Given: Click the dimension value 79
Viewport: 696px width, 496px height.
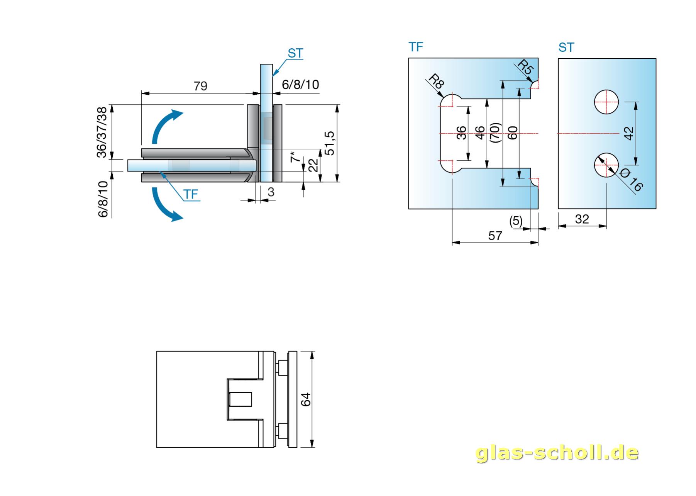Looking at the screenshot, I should [200, 86].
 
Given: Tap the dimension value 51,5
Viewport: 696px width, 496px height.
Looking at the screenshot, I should [330, 143].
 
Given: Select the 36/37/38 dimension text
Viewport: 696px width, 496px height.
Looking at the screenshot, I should [102, 132].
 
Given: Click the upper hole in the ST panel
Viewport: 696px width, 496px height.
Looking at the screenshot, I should [606, 102].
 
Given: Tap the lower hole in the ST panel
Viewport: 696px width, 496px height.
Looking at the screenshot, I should [606, 165].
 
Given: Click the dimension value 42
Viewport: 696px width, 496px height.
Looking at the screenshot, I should [629, 133].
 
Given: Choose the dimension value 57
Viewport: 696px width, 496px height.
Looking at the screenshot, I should [495, 236].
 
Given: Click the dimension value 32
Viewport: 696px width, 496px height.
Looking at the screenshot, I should [582, 219].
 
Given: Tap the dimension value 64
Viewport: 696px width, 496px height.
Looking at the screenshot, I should [306, 399].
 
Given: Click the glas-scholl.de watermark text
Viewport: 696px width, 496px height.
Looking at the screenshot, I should [557, 453].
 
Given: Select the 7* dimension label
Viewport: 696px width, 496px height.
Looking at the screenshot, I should [295, 157].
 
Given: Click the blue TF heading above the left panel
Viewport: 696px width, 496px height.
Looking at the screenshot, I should [416, 47].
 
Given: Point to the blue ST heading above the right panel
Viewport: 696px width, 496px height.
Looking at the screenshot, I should [566, 48].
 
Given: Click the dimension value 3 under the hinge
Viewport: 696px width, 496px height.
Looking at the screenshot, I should [271, 192].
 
